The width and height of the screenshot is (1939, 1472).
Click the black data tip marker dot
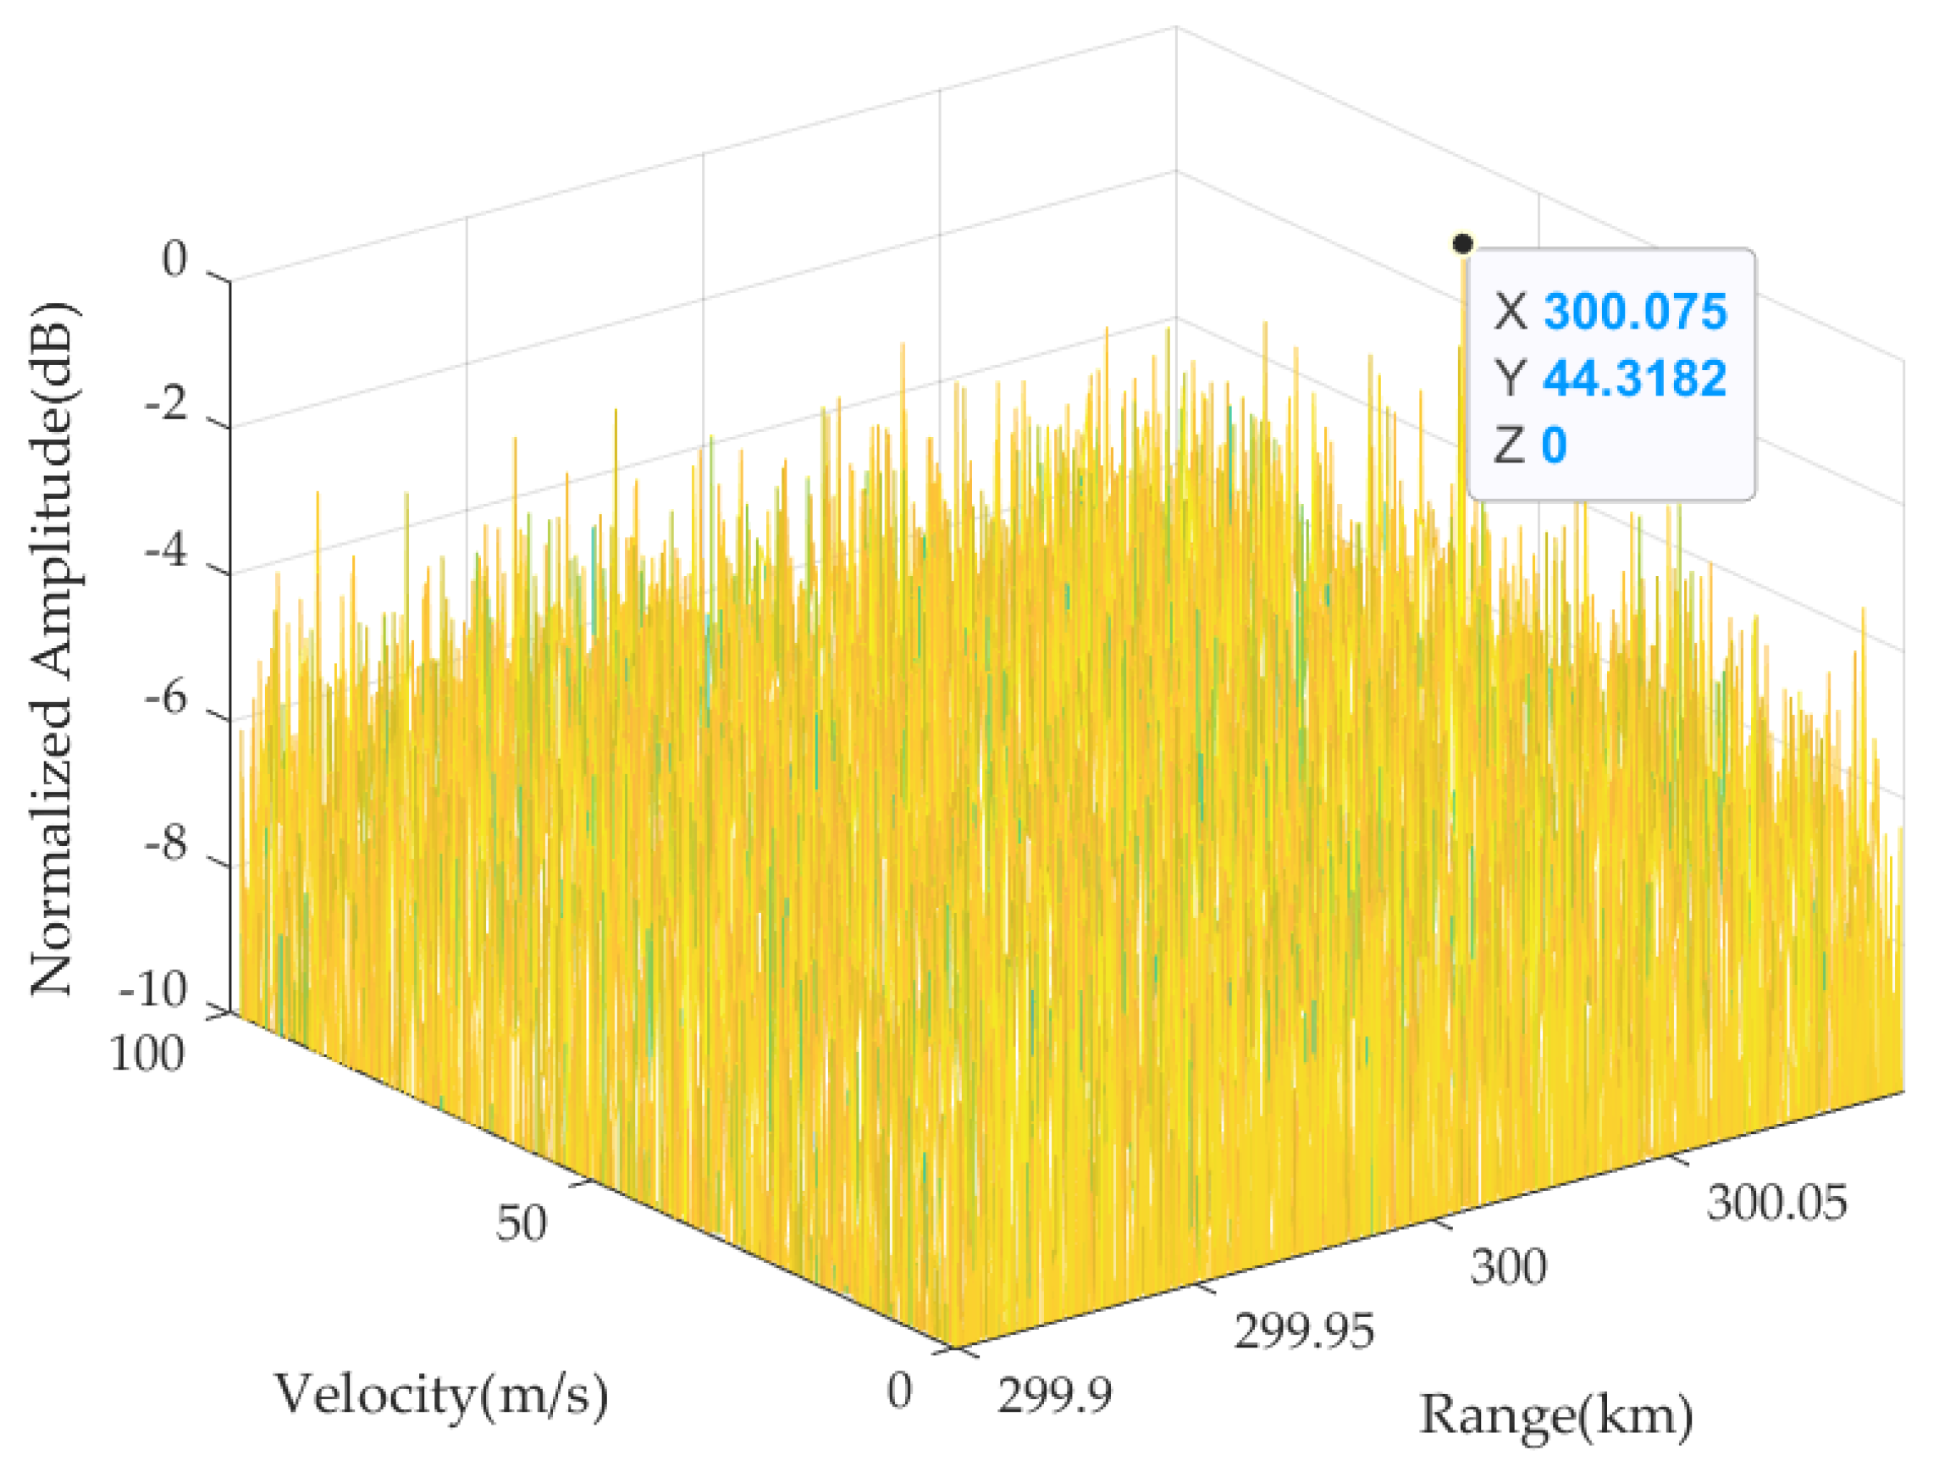coord(1462,243)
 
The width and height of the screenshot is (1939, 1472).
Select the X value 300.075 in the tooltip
coord(1634,311)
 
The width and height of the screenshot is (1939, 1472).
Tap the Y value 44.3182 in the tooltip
coord(1634,378)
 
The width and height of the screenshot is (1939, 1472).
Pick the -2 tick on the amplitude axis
coord(167,407)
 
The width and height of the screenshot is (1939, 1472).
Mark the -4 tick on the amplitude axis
coord(167,553)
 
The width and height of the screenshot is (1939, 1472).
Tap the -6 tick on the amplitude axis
coord(167,700)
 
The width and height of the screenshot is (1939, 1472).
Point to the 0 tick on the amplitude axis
coord(175,260)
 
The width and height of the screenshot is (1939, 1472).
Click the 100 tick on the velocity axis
coord(147,1054)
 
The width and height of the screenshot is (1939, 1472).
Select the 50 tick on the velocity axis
coord(521,1222)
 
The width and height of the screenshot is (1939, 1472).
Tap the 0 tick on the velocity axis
coord(899,1392)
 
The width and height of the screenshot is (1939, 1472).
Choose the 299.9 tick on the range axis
coord(1054,1394)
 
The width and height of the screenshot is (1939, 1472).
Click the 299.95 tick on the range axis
coord(1303,1331)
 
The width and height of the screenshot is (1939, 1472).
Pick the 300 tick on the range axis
coord(1508,1267)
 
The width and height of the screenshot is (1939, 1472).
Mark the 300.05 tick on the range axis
coord(1776,1202)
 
